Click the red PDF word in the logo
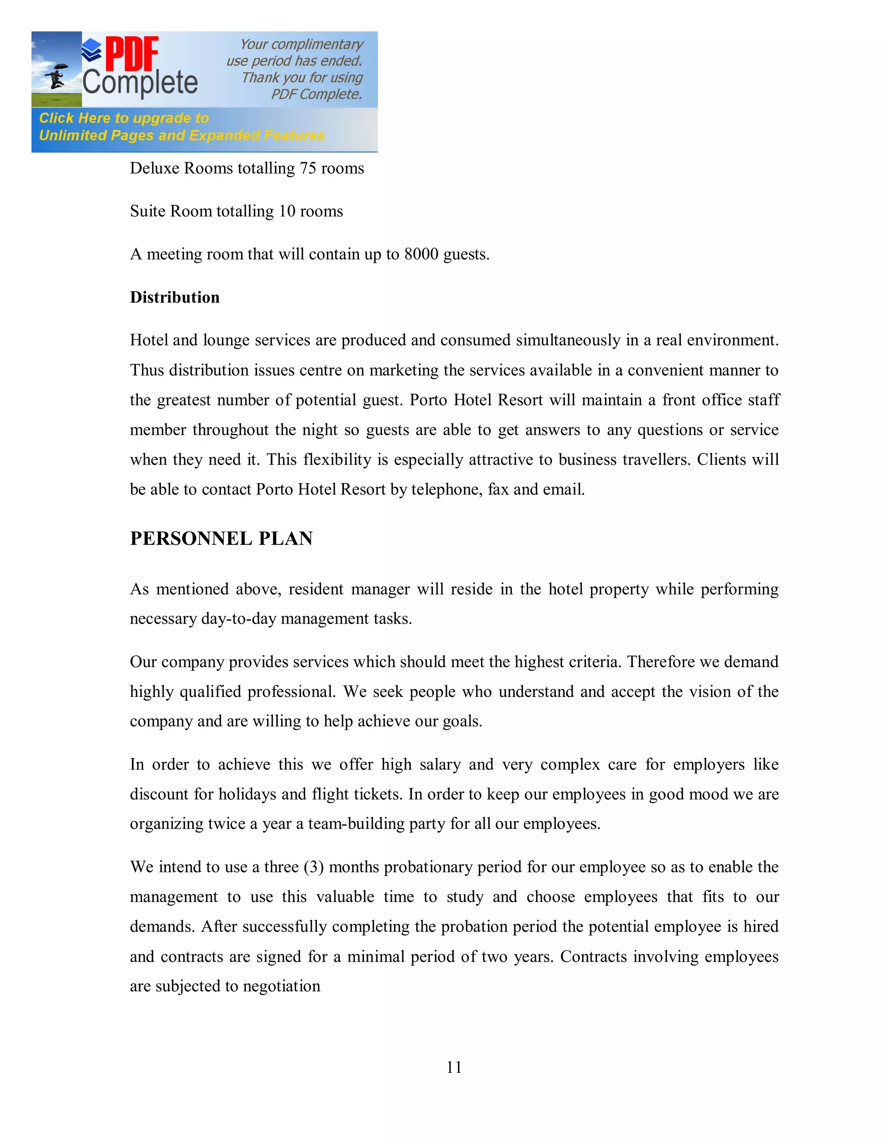point(132,54)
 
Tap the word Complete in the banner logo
point(140,83)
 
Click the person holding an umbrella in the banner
point(56,76)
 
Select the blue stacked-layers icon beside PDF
point(92,50)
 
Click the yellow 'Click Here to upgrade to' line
point(124,118)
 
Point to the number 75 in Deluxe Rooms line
point(307,169)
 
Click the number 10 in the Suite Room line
point(287,211)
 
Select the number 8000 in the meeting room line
point(421,254)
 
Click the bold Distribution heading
point(175,297)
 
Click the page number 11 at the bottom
point(454,1067)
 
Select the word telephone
point(447,490)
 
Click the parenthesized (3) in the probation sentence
point(313,867)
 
